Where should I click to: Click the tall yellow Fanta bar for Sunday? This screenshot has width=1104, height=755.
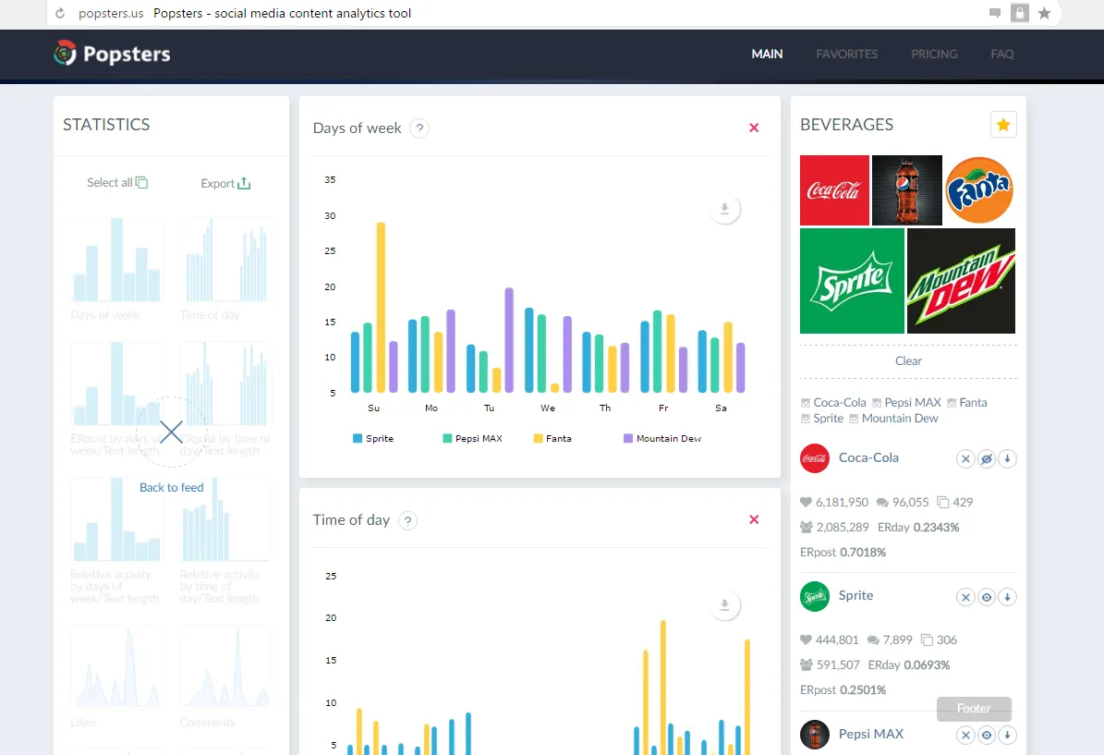pos(381,307)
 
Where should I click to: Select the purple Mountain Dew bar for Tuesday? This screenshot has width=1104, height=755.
pos(509,340)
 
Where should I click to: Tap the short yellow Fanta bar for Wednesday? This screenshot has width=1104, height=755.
pos(554,388)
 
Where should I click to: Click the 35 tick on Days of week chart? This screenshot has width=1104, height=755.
pos(330,180)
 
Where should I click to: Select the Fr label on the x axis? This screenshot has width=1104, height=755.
pos(663,408)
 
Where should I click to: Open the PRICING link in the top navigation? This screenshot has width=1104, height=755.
pos(934,54)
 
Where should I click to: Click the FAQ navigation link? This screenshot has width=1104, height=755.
pos(1002,54)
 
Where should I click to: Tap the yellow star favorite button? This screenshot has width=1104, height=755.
pos(1003,125)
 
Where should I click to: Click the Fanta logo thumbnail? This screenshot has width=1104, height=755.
pos(980,189)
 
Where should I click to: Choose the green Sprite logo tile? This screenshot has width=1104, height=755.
pos(852,281)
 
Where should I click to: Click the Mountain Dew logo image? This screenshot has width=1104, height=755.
pos(961,281)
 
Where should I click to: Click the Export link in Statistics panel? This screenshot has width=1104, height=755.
pos(225,183)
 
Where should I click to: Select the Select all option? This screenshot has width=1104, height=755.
pos(117,183)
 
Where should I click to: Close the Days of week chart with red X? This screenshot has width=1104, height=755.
pos(754,128)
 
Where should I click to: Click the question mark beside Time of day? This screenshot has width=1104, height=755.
pos(407,520)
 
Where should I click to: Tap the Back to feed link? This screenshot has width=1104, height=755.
pos(171,487)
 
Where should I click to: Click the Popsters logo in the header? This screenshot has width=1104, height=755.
pos(112,54)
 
